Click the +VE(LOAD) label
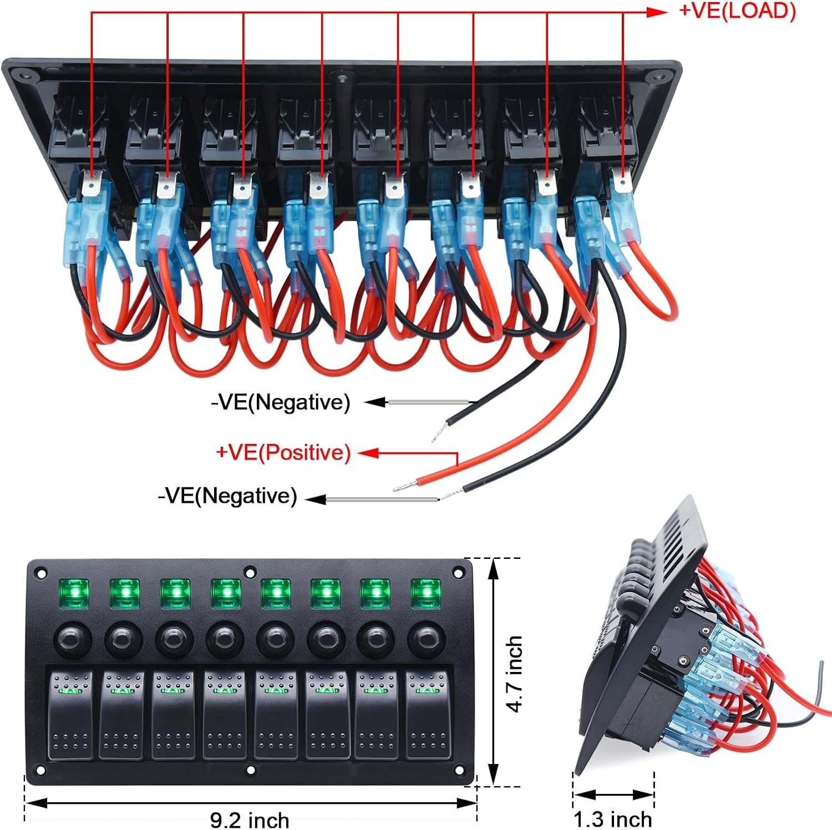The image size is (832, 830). point(737,11)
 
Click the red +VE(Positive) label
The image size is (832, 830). point(283,452)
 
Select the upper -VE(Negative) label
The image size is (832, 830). point(281,402)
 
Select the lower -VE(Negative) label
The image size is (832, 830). point(227,496)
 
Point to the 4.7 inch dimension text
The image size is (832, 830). point(515,674)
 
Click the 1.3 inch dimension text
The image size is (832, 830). point(612,819)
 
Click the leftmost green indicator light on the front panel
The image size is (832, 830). point(73,594)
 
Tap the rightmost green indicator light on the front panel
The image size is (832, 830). point(425,594)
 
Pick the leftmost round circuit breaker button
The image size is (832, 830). point(71,640)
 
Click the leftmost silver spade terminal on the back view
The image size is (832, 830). point(90,183)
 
